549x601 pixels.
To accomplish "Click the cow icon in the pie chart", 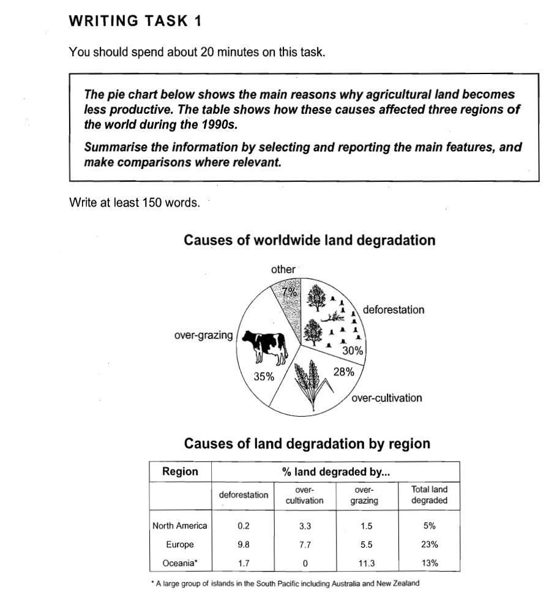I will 264,346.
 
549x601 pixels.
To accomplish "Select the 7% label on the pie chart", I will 289,292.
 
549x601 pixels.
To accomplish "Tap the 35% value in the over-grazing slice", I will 264,376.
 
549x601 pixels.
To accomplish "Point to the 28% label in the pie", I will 343,371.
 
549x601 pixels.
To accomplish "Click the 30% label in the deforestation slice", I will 353,351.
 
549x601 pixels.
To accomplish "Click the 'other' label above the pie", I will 283,269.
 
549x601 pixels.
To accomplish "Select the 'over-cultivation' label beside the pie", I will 387,398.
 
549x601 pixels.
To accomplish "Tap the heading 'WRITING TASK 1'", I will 135,21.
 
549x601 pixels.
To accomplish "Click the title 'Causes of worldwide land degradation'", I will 309,240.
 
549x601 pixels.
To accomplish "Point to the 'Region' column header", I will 180,471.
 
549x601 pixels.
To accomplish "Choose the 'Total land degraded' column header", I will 429,495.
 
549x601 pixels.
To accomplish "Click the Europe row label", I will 179,544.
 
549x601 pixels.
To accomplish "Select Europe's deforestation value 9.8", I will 243,544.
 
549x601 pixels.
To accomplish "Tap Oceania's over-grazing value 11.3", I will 367,563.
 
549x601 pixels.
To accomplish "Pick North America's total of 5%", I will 429,525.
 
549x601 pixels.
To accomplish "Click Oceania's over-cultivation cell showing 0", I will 305,563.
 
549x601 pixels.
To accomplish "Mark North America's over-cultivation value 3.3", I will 305,525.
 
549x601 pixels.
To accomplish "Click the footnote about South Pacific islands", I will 285,583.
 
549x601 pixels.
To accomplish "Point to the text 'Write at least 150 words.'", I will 135,203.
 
